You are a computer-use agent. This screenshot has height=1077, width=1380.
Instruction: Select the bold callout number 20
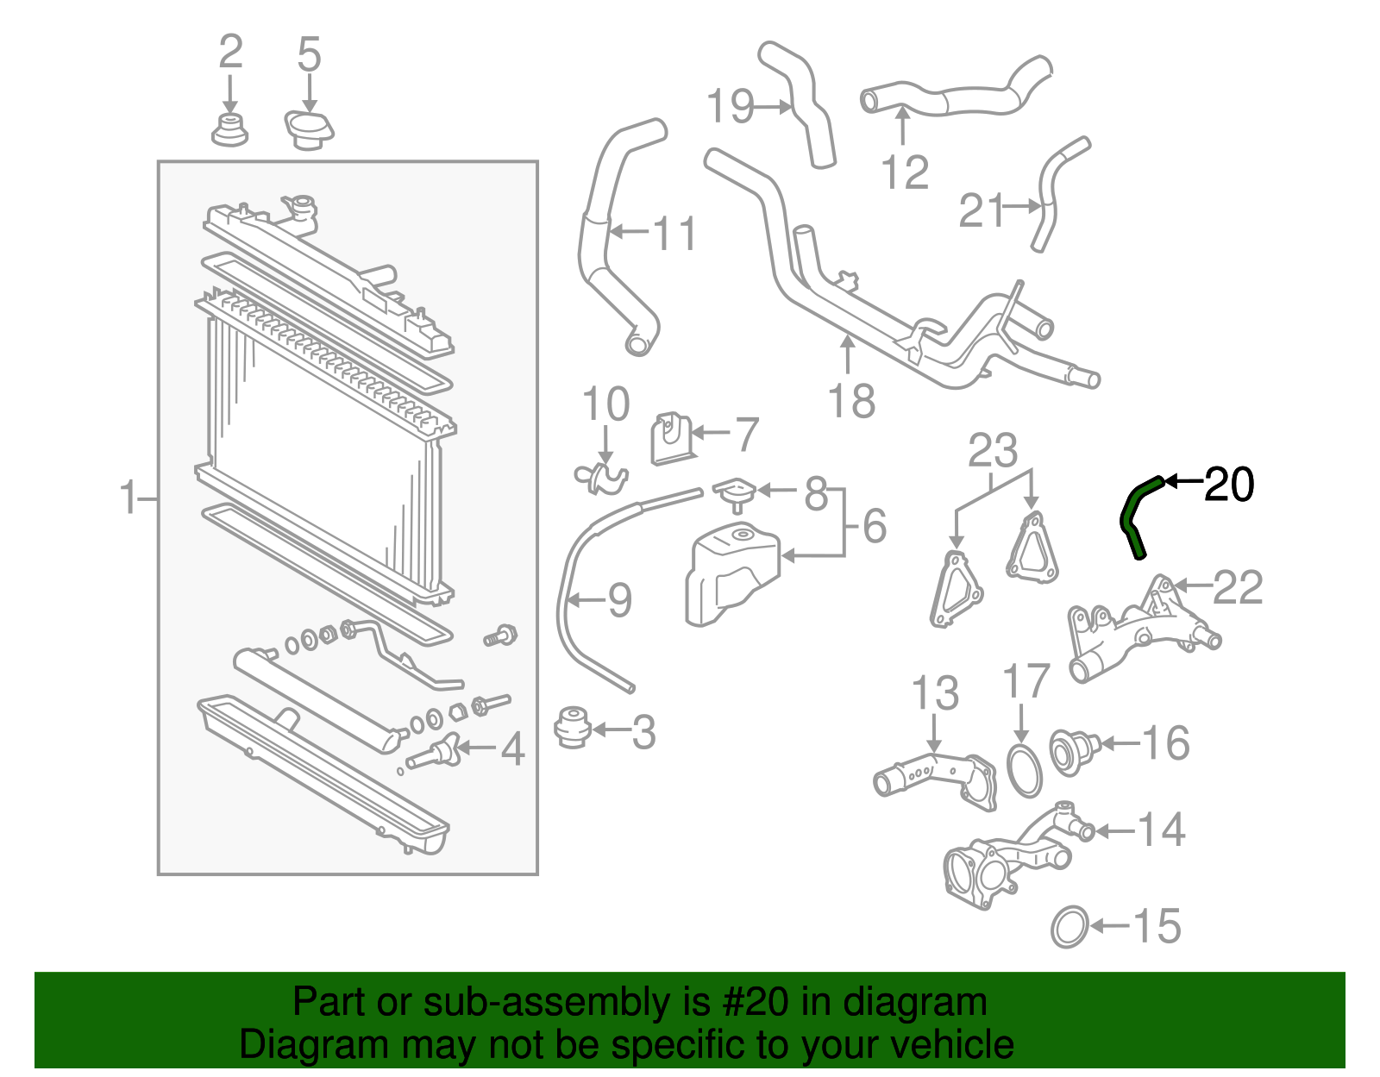(1228, 485)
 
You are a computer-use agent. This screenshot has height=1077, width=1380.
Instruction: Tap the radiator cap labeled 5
(309, 129)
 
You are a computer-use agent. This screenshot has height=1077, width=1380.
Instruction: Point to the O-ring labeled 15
(1069, 927)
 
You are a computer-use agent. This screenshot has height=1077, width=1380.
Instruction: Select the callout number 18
(851, 402)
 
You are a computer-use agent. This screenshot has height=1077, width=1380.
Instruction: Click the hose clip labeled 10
(601, 477)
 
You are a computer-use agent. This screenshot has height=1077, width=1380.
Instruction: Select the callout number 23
(993, 450)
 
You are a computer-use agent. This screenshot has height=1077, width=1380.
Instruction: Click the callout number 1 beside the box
(129, 498)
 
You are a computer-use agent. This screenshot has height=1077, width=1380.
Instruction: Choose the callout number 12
(905, 172)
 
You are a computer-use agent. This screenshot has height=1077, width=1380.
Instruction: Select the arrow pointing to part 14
(1114, 831)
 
